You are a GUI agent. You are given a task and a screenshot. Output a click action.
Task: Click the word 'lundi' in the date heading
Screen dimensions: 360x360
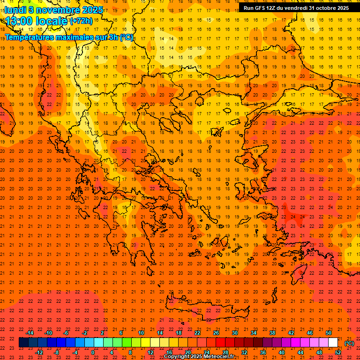coord(15,10)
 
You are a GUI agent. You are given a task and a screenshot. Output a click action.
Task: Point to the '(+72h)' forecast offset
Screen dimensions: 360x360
coord(81,21)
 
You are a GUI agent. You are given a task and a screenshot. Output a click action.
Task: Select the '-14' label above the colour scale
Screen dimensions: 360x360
coord(30,333)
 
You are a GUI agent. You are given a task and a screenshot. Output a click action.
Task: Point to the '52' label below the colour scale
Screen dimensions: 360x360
coord(338,352)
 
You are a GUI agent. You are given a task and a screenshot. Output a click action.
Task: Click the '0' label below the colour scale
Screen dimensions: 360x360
coord(93,352)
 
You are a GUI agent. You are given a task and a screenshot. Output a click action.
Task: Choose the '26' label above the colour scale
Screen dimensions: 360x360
coord(216,333)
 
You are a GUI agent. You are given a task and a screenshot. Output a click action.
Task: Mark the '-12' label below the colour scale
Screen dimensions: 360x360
coord(39,352)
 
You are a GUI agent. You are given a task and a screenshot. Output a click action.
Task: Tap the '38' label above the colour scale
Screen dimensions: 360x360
coord(272,333)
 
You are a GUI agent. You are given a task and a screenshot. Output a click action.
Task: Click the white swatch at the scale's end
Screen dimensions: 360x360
coord(333,343)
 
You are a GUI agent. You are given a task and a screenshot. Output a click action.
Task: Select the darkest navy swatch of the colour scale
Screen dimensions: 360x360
coord(23,343)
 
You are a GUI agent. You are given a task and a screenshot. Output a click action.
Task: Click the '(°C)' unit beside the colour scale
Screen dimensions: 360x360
coord(350,343)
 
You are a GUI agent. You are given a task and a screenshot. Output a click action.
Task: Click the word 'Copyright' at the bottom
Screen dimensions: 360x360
coord(176,357)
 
